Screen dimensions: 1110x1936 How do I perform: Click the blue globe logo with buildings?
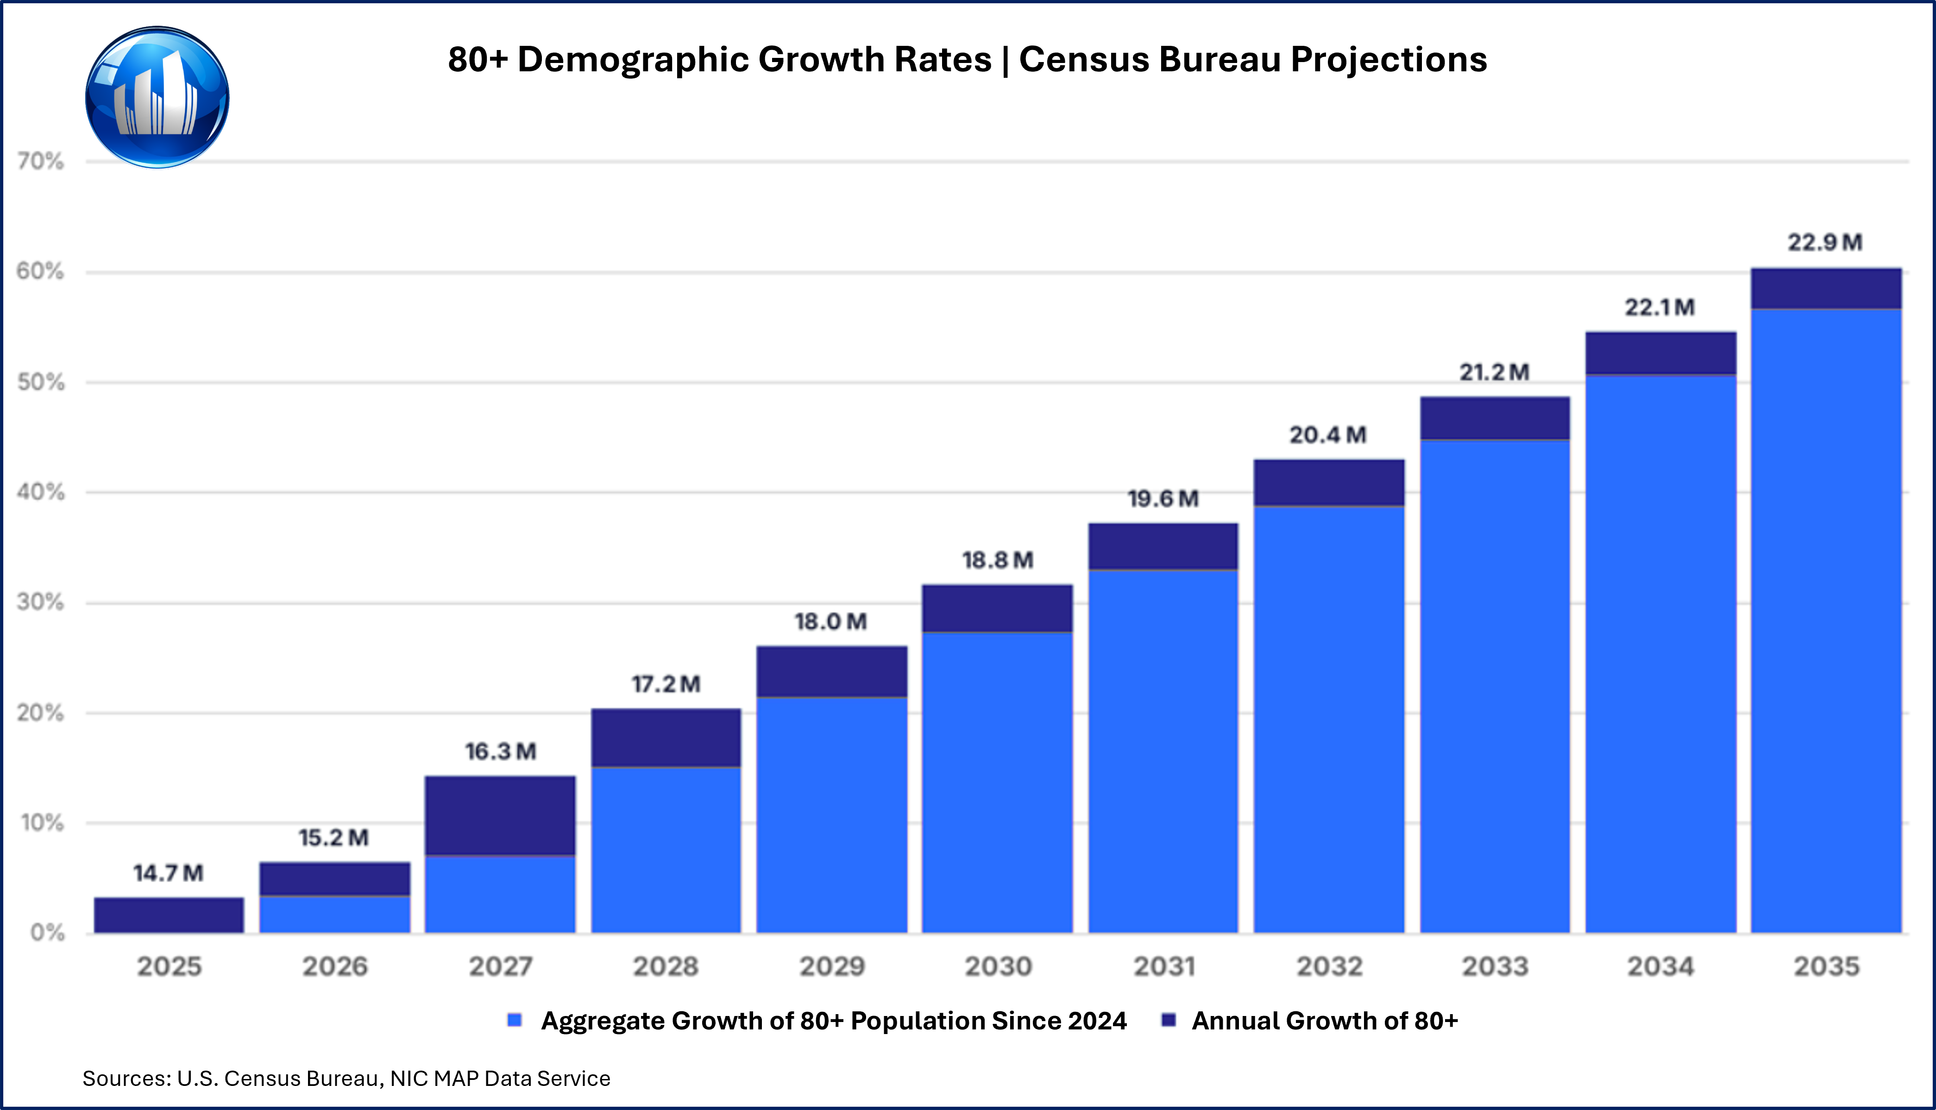click(157, 98)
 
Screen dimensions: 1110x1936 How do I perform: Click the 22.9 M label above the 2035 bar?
click(1825, 243)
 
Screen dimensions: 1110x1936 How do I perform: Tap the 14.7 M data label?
click(169, 873)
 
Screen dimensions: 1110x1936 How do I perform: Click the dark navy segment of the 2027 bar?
click(500, 816)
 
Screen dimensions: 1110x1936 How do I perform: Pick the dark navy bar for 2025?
click(169, 915)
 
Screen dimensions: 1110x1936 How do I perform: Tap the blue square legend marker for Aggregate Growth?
click(515, 1020)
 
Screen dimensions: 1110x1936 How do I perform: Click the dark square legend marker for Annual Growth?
click(1168, 1020)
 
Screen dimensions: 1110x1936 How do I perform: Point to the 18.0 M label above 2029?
click(831, 622)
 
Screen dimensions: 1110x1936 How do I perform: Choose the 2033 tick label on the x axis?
click(1495, 966)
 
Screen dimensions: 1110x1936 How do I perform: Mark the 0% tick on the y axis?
click(47, 932)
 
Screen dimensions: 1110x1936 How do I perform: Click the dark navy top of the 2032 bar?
click(1329, 483)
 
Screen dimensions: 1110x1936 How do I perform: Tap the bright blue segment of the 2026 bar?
click(335, 915)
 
